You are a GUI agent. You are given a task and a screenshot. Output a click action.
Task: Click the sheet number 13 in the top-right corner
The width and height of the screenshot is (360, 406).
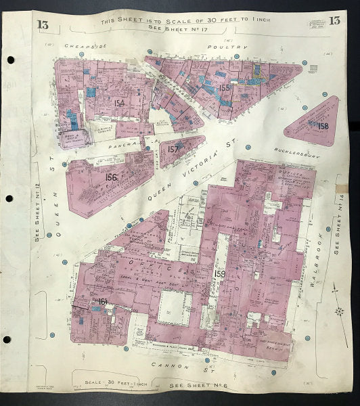pos(334,20)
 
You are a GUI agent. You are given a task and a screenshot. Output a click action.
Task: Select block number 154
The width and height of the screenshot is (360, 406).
pos(119,103)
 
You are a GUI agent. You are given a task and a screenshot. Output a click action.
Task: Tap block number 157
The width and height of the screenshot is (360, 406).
pos(174,149)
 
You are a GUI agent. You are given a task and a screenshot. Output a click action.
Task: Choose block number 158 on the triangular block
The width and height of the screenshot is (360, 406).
pos(323,126)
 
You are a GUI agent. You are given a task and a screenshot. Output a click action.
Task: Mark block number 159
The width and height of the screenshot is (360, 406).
pos(219,274)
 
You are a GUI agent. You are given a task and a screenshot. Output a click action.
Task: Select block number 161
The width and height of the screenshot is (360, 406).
pos(103,301)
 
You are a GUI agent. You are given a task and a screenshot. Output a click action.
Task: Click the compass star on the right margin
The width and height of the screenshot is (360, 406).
pos(339,311)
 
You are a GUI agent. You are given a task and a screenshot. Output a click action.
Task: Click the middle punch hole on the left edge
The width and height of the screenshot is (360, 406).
pos(7,199)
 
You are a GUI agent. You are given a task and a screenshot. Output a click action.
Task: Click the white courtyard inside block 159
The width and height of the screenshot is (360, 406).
pos(175,307)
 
